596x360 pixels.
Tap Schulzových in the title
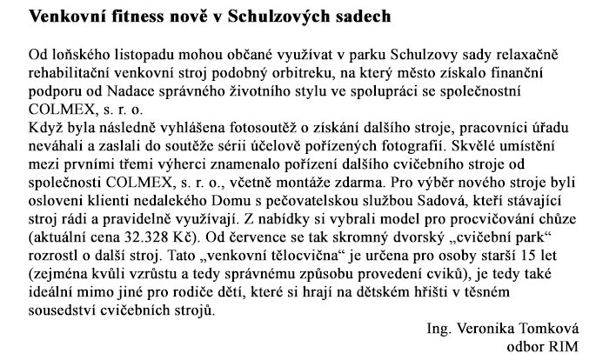coord(271,17)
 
